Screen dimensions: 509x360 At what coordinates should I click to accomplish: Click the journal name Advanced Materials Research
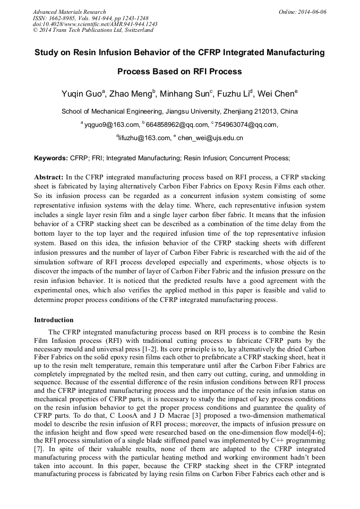coord(69,12)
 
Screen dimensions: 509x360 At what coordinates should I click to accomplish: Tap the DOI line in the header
coord(95,24)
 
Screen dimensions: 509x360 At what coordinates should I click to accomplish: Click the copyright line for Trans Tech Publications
coord(93,30)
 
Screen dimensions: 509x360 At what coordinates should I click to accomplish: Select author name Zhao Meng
coord(131,94)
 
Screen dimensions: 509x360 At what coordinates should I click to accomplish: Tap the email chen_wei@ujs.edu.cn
coord(210,138)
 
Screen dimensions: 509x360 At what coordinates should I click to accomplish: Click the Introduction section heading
coord(54,320)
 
